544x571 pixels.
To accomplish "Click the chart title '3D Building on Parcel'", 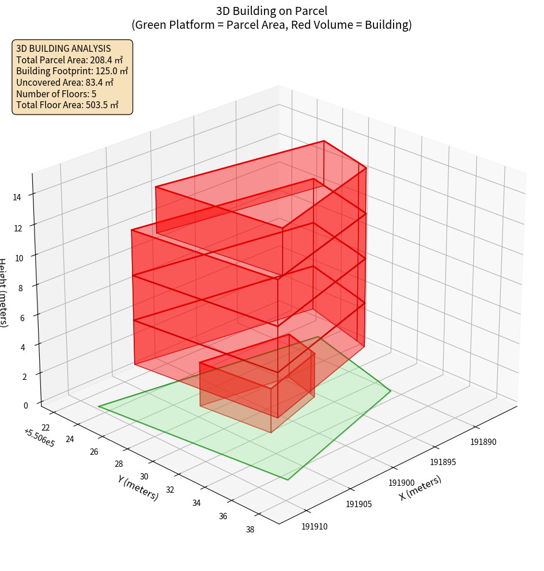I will pos(271,10).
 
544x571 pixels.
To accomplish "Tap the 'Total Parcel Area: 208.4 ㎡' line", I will pos(69,60).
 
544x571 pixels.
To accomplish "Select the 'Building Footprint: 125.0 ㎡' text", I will pos(72,71).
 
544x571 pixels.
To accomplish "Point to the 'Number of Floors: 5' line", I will pos(56,94).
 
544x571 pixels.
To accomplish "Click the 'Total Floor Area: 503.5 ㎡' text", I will pos(67,105).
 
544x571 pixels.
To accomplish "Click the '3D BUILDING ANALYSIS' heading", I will pos(63,48).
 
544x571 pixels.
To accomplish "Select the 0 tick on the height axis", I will pos(25,405).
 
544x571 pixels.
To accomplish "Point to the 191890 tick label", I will pos(483,442).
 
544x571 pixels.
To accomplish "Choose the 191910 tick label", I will pos(314,526).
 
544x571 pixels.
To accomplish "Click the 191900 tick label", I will pos(402,483).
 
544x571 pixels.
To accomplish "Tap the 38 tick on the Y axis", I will pos(250,530).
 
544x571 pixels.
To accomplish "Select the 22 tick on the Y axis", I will pos(46,427).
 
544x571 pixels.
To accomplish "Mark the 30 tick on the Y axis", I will pos(144,477).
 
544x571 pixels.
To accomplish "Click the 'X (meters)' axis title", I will pos(420,488).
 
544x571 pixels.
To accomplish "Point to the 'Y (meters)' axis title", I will pos(138,488).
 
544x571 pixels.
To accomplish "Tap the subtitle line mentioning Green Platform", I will pos(271,25).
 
